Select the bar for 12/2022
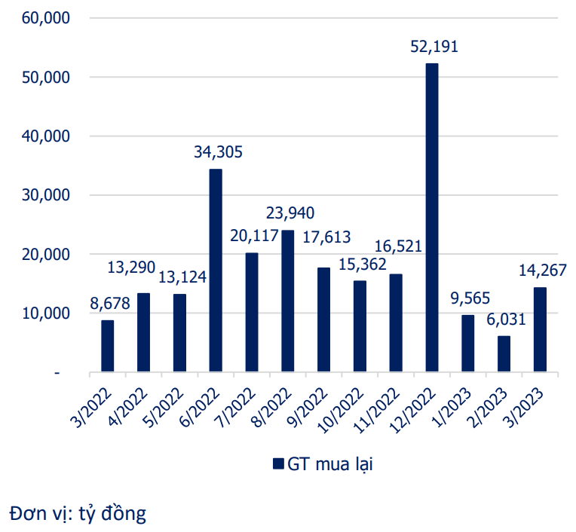(x=432, y=218)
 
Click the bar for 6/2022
(x=216, y=271)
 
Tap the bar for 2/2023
(x=504, y=353)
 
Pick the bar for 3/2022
(x=108, y=346)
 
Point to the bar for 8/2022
(x=287, y=301)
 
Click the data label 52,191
(x=434, y=47)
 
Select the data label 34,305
(x=218, y=152)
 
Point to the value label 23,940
(x=290, y=213)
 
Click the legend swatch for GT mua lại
(x=277, y=463)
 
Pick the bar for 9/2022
(x=323, y=320)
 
